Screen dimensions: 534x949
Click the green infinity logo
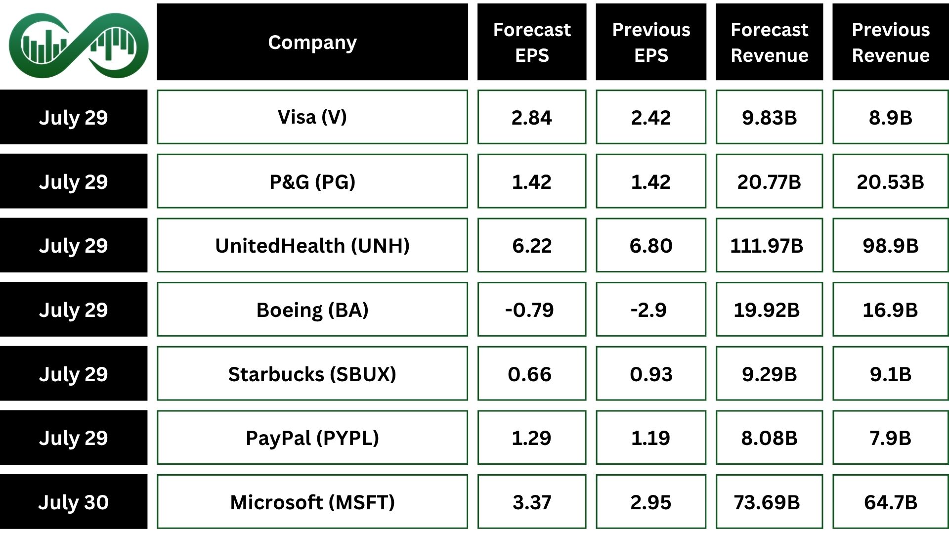(78, 45)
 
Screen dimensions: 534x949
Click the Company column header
(312, 42)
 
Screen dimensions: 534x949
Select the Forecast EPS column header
(531, 42)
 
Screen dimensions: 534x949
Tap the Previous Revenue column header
(890, 42)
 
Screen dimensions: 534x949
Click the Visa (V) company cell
(312, 117)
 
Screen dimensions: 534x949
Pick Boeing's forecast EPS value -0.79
(529, 310)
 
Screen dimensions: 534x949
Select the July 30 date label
(73, 502)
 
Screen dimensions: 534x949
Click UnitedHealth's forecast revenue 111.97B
(767, 246)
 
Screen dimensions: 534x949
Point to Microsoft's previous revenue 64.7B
(890, 502)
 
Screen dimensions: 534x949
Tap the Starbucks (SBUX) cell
(312, 374)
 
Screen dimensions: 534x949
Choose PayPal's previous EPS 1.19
(650, 438)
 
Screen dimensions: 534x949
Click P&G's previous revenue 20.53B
(890, 182)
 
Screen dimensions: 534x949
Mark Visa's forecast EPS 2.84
(531, 118)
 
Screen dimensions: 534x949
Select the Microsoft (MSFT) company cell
(312, 502)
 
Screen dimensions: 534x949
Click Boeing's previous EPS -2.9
(648, 310)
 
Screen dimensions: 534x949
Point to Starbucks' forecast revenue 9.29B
(769, 374)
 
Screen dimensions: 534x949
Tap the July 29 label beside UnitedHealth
(73, 246)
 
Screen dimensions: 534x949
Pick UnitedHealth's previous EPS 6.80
(650, 246)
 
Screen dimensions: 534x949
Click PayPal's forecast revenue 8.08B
(769, 438)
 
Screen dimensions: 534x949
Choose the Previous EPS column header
(650, 42)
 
